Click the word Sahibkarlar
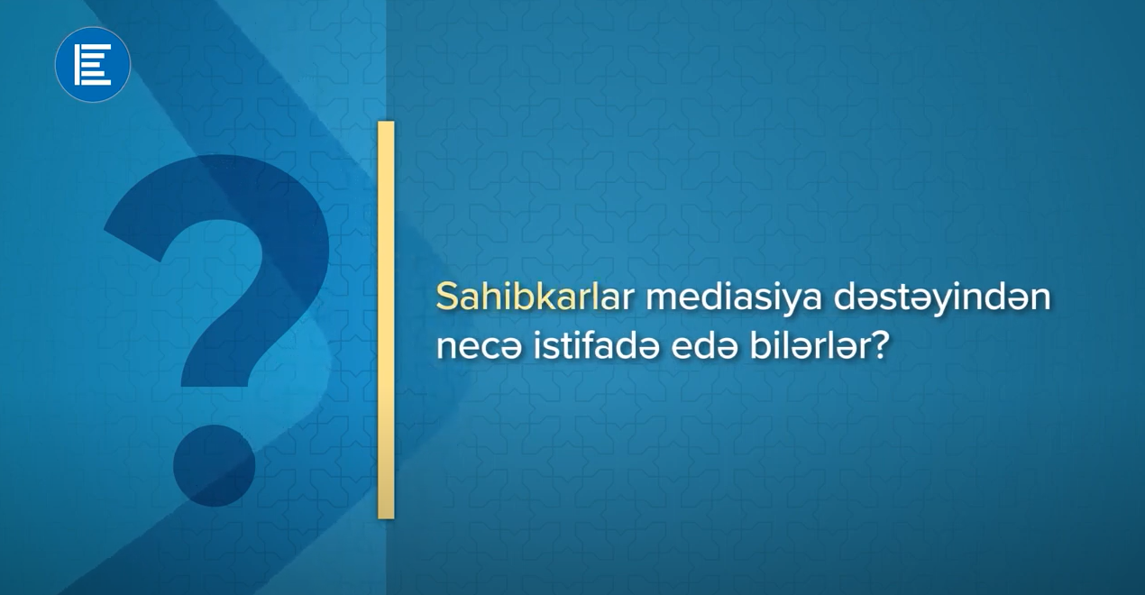(x=535, y=297)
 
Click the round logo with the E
(x=93, y=64)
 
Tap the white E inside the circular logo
(x=93, y=64)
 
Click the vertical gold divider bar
(x=386, y=320)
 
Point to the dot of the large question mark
(x=215, y=465)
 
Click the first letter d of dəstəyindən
(x=846, y=297)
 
